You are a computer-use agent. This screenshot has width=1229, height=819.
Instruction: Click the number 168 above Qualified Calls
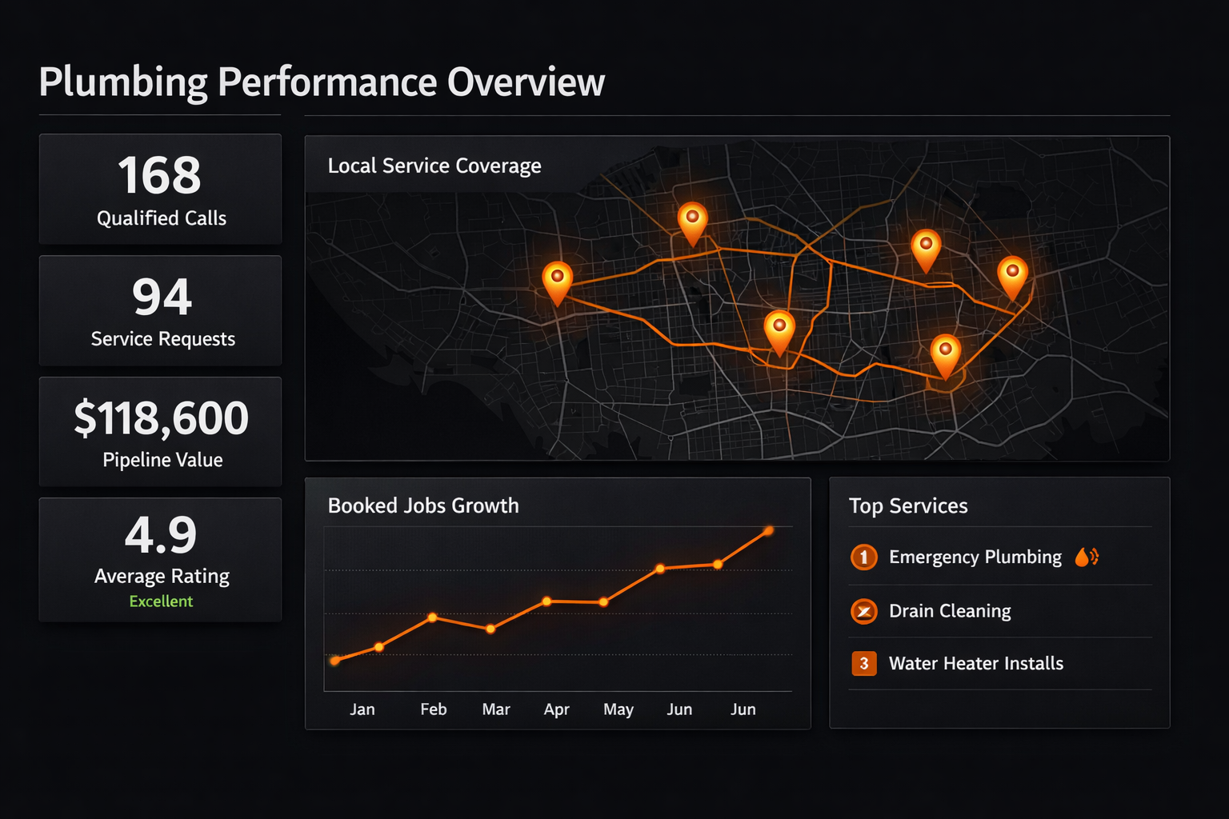point(160,175)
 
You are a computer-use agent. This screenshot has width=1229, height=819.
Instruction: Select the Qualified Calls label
point(162,218)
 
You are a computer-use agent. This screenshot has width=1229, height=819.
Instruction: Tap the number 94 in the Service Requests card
point(162,297)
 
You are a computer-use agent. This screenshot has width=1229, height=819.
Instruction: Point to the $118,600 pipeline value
point(162,418)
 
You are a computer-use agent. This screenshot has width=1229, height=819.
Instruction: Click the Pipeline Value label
point(162,460)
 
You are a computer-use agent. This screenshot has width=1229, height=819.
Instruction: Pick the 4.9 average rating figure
point(160,535)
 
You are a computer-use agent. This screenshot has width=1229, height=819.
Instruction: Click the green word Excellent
point(161,601)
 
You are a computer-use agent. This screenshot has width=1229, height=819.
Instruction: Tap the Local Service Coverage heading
point(434,166)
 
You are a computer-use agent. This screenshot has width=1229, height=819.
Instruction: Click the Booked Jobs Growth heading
point(423,505)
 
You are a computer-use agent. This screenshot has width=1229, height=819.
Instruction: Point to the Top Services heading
point(908,505)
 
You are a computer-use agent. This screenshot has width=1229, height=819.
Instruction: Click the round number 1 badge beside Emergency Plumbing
point(863,557)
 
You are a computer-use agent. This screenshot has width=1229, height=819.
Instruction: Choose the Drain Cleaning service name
point(950,611)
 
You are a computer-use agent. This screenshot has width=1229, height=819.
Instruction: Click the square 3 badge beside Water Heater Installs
point(863,663)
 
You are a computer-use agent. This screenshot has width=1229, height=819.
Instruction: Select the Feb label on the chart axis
point(434,709)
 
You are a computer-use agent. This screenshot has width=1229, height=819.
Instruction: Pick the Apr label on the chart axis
point(556,710)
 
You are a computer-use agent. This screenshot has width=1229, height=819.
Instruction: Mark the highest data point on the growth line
point(769,530)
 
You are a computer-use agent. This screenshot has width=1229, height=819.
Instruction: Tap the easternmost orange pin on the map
point(1012,278)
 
